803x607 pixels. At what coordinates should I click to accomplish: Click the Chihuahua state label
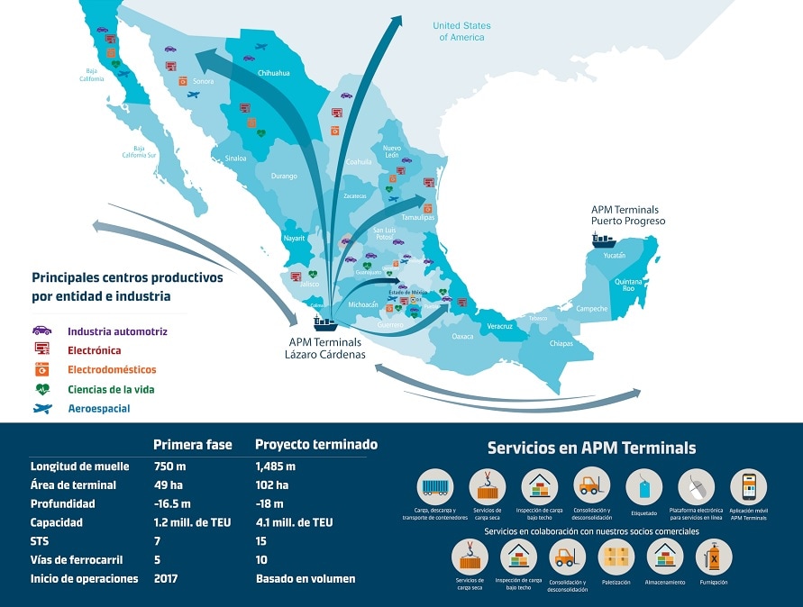click(273, 73)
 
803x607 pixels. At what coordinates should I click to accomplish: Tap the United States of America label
click(461, 32)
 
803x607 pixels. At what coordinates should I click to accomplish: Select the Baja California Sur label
click(140, 151)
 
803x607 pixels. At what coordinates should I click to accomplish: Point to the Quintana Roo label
click(629, 285)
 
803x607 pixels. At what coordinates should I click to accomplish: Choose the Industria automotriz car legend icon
click(41, 331)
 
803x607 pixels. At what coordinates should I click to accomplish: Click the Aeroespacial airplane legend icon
click(41, 408)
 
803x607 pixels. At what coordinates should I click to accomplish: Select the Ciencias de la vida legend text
click(112, 389)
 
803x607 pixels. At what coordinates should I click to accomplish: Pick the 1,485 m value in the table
click(276, 467)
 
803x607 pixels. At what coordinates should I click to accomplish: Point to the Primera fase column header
click(193, 445)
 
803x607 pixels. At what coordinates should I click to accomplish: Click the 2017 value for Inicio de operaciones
click(166, 578)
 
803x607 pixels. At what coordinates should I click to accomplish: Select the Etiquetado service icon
click(643, 487)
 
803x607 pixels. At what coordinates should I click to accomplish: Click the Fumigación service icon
click(713, 557)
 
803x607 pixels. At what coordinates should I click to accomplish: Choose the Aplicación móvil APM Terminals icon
click(748, 487)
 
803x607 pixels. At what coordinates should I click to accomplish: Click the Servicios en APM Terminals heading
click(591, 448)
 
